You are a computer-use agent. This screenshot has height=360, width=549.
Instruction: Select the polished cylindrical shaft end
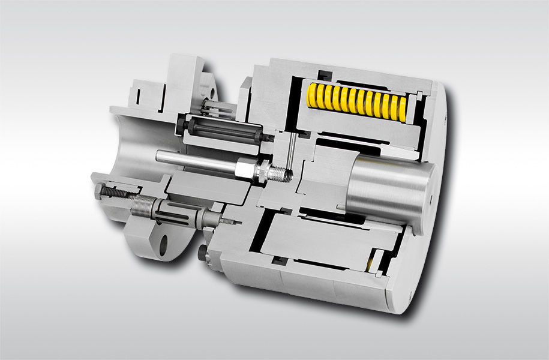pyautogui.click(x=390, y=186)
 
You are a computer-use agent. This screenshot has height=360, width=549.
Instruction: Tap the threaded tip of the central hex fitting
pyautogui.click(x=282, y=173)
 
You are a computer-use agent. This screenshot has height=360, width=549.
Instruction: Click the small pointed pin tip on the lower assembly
pyautogui.click(x=229, y=221)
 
